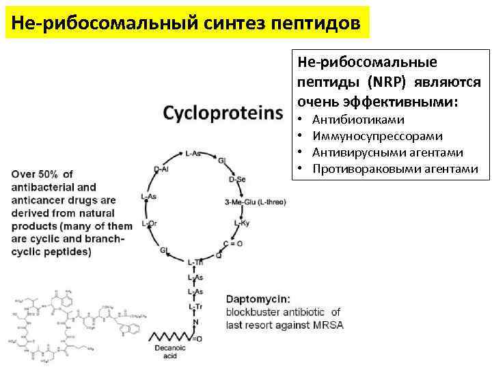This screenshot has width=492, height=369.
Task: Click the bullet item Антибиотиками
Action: coord(358,120)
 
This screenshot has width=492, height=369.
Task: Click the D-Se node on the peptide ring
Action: coord(237,179)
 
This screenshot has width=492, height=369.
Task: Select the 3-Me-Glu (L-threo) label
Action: coord(255,202)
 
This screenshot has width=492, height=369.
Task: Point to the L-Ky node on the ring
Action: coord(241,223)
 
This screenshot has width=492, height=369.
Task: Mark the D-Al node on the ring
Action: coord(161,169)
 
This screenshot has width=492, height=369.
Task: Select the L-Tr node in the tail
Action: coord(195,307)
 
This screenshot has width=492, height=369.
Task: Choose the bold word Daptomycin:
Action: coord(258,299)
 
